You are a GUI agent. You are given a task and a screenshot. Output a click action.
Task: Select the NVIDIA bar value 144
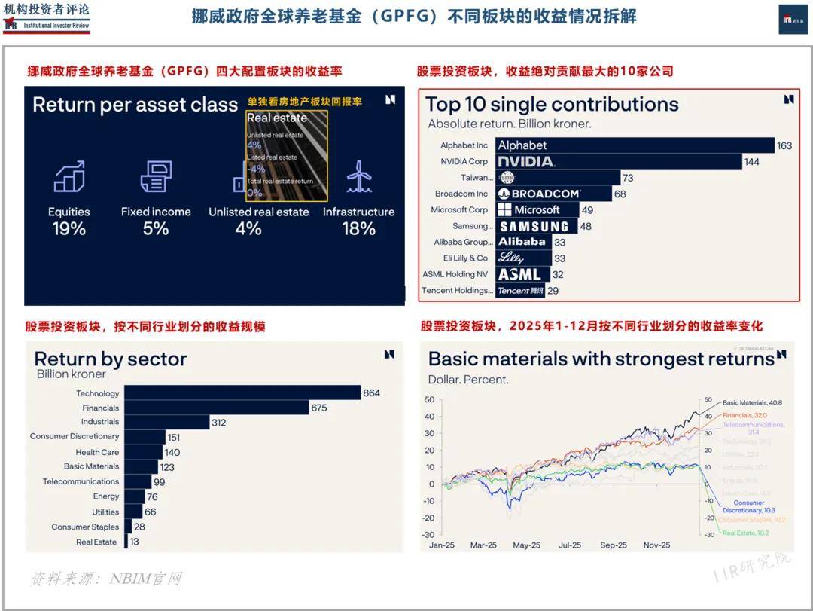pos(751,162)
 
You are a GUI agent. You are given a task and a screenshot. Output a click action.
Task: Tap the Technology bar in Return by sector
pos(242,393)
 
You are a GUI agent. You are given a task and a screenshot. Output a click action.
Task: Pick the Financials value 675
pos(319,408)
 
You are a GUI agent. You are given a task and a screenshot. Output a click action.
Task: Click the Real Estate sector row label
pos(96,542)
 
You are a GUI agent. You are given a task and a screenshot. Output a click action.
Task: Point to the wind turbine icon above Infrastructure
pos(359,176)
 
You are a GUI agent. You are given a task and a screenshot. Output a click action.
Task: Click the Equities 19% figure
pos(69,228)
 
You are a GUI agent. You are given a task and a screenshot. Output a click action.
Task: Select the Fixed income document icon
pos(156,176)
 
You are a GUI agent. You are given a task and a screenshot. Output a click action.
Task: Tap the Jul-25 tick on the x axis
pos(569,545)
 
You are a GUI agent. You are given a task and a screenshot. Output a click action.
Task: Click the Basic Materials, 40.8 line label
pos(752,403)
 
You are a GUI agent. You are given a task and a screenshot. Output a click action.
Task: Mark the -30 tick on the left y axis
pos(430,534)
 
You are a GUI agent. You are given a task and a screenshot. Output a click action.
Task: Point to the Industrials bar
pos(166,423)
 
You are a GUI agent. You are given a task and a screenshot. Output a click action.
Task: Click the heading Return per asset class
pos(135,105)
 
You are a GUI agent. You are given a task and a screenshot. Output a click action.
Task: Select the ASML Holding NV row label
pos(455,274)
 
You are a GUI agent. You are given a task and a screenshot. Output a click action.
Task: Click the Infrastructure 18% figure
pos(358,228)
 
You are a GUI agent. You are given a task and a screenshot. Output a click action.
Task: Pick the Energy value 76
pos(152,496)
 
